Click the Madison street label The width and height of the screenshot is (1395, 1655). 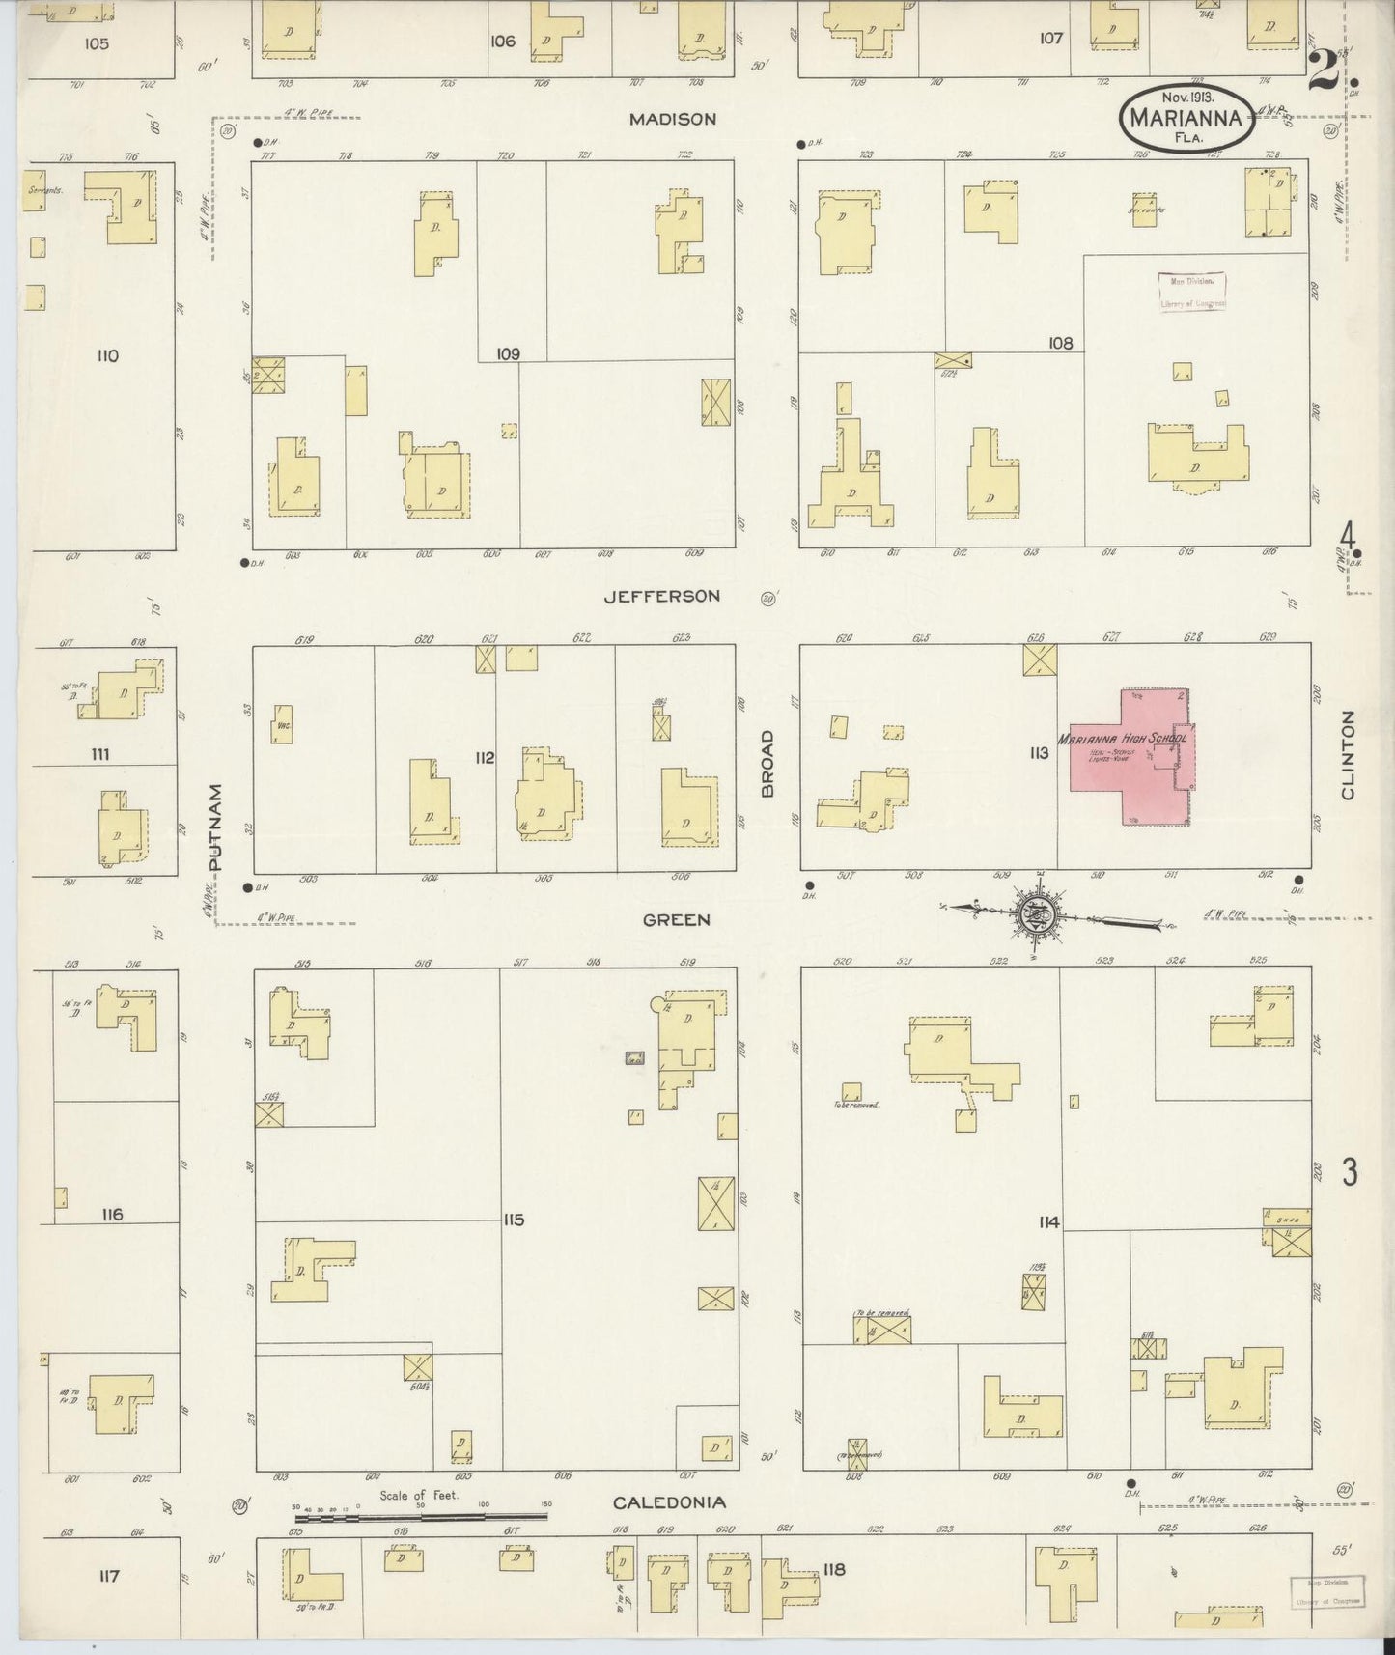pos(672,120)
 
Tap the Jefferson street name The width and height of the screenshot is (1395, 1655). pos(661,597)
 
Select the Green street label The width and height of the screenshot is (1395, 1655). pos(676,920)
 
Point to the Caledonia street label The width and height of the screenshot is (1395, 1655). pos(670,1502)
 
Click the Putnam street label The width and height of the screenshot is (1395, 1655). pos(215,827)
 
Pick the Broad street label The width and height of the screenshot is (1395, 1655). pos(767,763)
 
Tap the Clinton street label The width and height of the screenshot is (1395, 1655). pos(1347,755)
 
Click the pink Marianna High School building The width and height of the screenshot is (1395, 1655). pos(1130,759)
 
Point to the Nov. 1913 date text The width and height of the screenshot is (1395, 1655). pos(1187,98)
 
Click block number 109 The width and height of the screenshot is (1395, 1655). pos(508,354)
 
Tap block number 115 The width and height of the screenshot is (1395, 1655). pos(513,1220)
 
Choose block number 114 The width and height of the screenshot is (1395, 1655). pos(1048,1222)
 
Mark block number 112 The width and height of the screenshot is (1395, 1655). pos(484,758)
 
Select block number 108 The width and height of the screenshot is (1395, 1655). pos(1060,343)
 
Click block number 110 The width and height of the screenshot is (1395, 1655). pos(107,356)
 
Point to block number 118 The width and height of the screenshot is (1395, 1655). pos(834,1569)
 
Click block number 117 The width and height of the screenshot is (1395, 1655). pos(108,1577)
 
